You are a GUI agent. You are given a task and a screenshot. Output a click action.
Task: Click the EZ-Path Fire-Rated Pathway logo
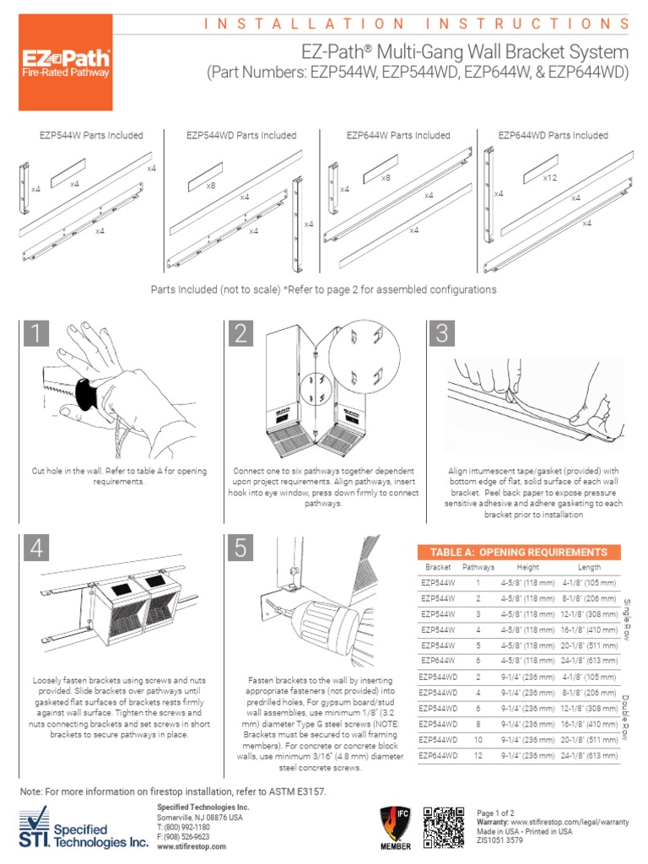pyautogui.click(x=65, y=63)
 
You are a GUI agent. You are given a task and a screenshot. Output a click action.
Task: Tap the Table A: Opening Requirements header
pyautogui.click(x=519, y=552)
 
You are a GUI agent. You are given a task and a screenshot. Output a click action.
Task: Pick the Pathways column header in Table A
pyautogui.click(x=478, y=568)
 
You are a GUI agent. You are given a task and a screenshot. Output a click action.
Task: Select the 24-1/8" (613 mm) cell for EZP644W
pyautogui.click(x=590, y=660)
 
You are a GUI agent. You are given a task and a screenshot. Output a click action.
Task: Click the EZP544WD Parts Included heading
pyautogui.click(x=241, y=135)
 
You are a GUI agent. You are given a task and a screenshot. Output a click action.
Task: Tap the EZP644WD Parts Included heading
pyautogui.click(x=553, y=135)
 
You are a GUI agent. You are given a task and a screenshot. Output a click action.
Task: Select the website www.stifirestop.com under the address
pyautogui.click(x=191, y=845)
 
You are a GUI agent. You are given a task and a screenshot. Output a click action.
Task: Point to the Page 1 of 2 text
pyautogui.click(x=495, y=813)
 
